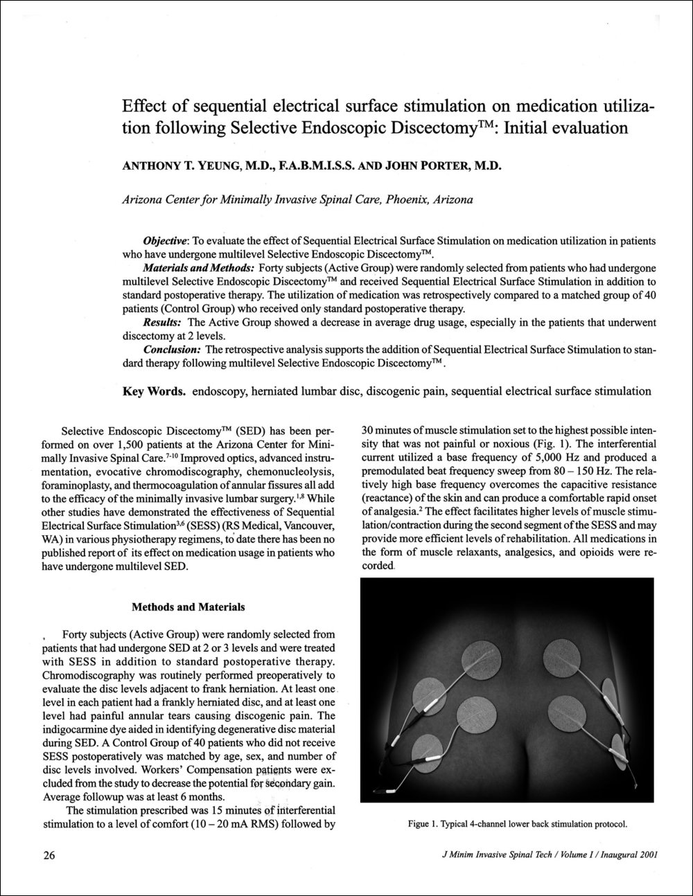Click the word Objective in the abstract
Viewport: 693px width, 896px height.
[x=164, y=241]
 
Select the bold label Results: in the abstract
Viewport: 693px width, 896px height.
[x=163, y=323]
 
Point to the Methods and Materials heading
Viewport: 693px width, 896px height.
[x=188, y=608]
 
